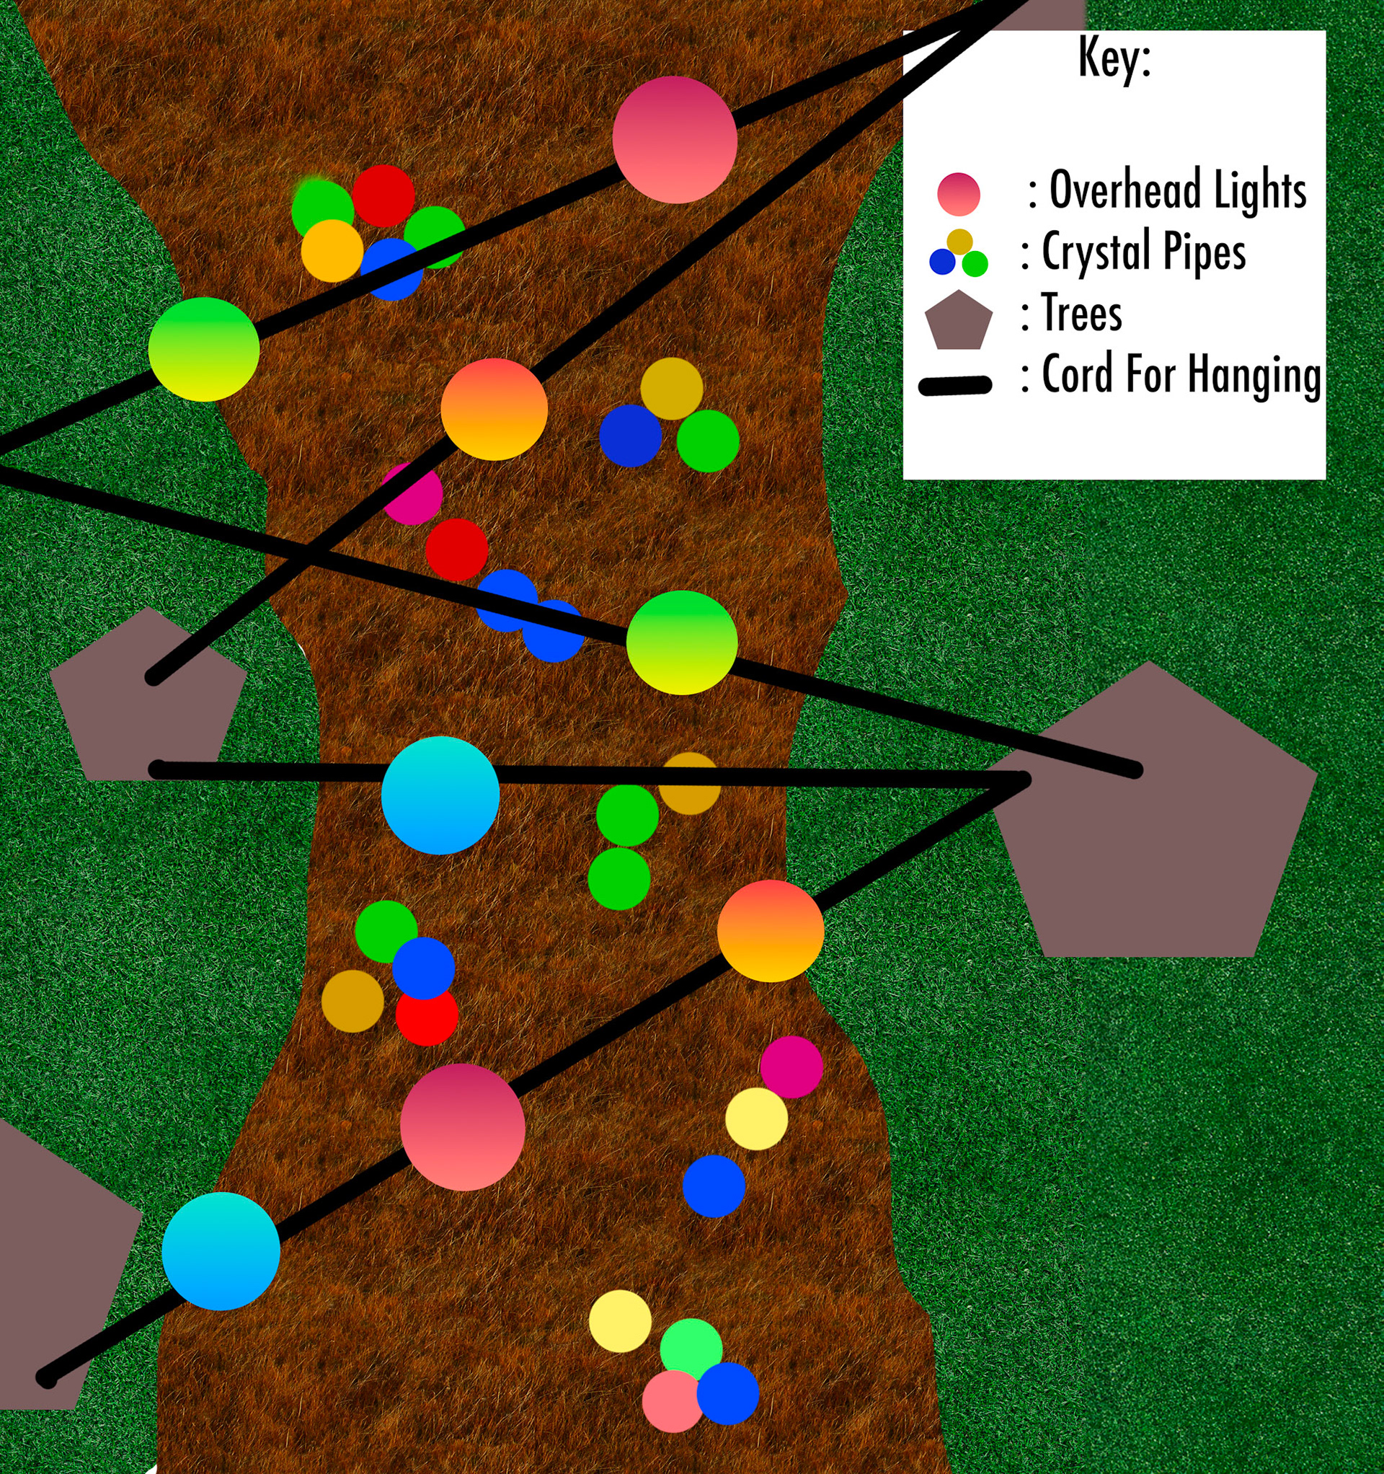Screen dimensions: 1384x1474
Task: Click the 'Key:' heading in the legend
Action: (x=1114, y=58)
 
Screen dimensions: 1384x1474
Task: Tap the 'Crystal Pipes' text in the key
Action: (x=1144, y=252)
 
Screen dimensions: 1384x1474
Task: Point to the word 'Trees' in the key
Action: (x=1081, y=313)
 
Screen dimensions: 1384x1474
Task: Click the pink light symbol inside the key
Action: (x=959, y=193)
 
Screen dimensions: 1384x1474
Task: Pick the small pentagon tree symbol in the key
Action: (x=959, y=321)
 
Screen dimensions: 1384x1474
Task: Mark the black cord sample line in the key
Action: (x=955, y=386)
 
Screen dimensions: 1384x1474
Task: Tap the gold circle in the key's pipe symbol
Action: (x=959, y=242)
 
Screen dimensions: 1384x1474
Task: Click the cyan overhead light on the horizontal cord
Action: (x=440, y=795)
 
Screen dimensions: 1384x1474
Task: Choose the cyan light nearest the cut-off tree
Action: (x=221, y=1251)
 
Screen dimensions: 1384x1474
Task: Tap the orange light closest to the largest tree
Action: (x=770, y=930)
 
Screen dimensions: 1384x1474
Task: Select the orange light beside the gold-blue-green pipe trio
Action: (x=494, y=410)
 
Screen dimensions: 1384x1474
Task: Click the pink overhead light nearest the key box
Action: (x=675, y=139)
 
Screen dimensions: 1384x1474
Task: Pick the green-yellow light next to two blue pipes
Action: (x=681, y=642)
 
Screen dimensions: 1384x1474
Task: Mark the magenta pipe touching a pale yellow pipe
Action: (x=791, y=1067)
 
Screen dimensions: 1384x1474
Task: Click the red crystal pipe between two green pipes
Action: (x=383, y=195)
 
